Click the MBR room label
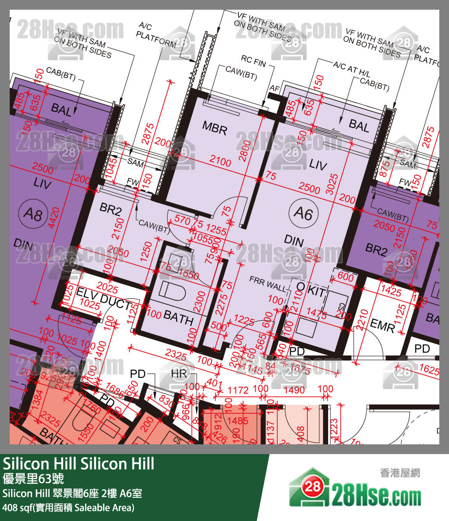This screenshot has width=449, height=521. click(215, 129)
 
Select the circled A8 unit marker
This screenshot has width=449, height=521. click(33, 214)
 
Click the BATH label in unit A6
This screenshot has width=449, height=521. click(178, 318)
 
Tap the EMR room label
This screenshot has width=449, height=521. click(382, 326)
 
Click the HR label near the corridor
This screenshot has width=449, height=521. click(178, 374)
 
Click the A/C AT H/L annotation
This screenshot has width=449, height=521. click(351, 67)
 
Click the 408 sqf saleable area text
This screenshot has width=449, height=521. click(68, 508)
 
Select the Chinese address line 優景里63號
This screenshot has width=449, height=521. click(33, 479)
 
